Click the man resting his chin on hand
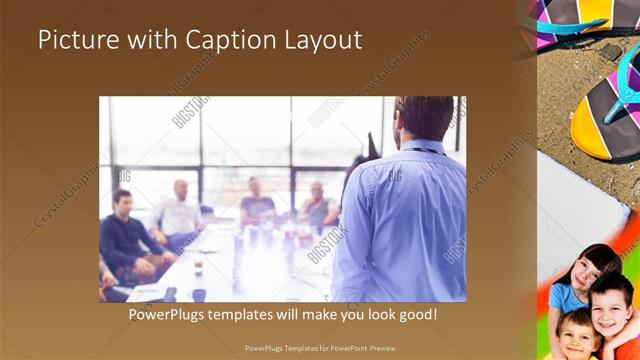pos(319,205)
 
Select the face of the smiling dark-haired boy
pos(610,304)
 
